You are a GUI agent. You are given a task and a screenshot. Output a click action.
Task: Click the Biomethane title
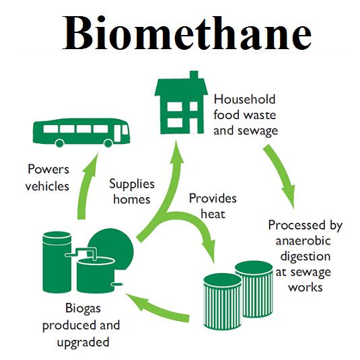pos(186,33)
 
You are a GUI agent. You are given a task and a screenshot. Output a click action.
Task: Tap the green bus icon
pos(81,133)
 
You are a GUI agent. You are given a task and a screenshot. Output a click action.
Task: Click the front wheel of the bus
pos(108,143)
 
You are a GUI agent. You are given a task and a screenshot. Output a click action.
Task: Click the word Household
pos(244,100)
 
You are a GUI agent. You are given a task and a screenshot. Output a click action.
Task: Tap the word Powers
pos(48,170)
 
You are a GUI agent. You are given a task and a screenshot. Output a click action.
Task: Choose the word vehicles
pos(47,186)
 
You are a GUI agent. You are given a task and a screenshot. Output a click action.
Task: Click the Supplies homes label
pos(132,191)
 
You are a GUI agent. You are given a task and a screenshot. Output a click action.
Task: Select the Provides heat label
pos(213,206)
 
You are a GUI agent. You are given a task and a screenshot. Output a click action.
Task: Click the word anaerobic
pos(303,241)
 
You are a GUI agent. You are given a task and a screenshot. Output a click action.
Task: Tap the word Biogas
pos(83,308)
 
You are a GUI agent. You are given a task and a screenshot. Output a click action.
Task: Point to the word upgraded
pos(83,343)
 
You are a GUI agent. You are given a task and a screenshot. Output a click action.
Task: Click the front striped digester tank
pos(223,301)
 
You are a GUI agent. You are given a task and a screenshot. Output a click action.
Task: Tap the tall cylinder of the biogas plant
pos(57,262)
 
